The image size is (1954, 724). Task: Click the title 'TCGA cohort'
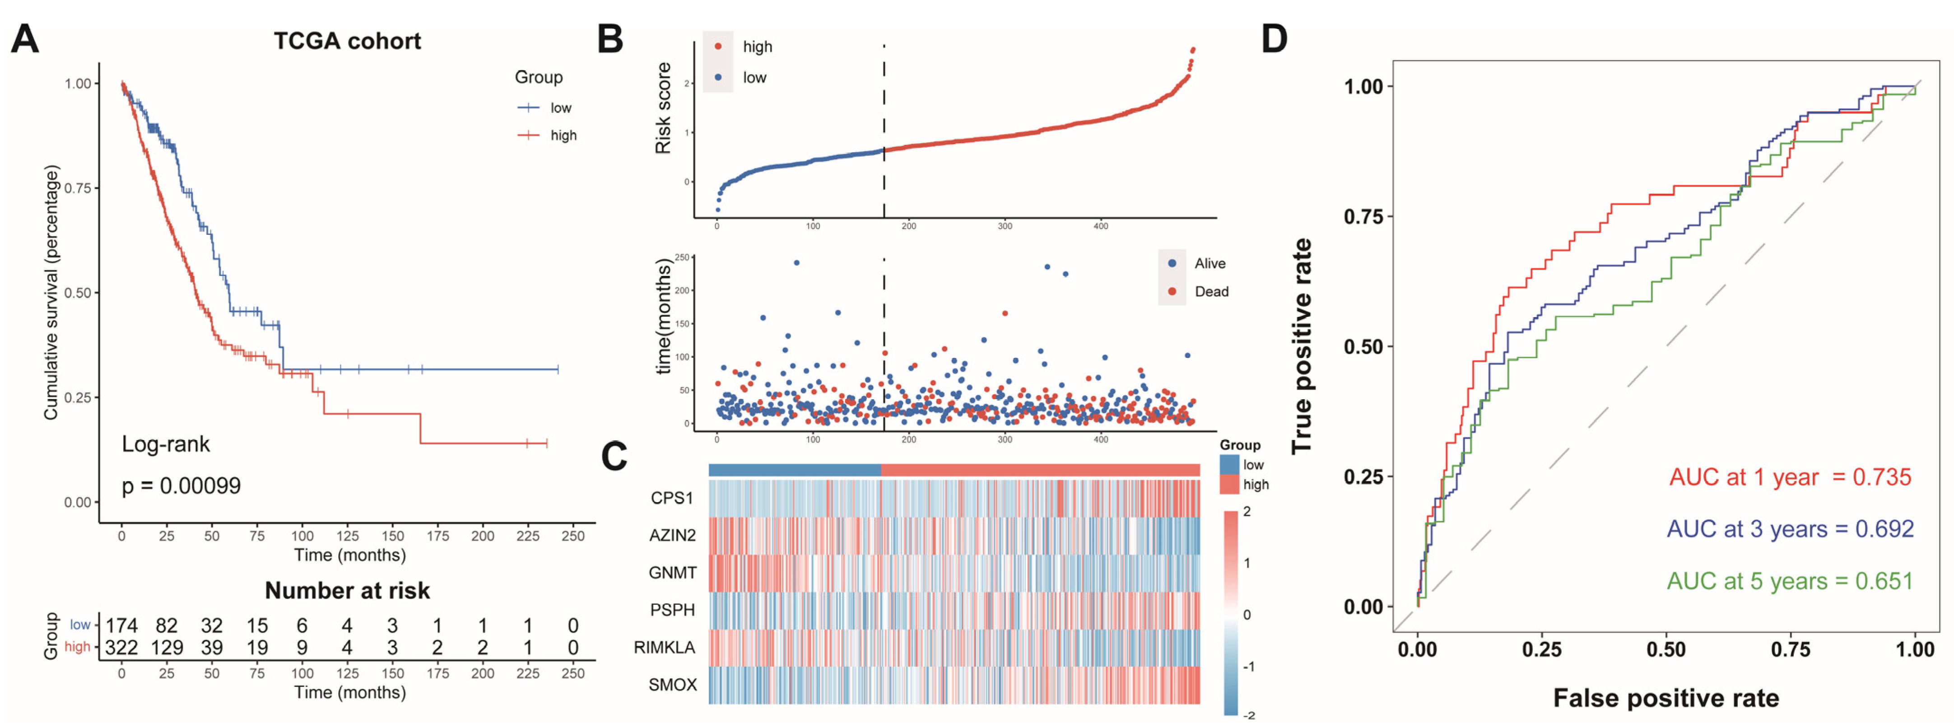(347, 41)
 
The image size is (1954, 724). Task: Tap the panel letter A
(24, 39)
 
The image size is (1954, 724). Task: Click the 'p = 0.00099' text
(181, 486)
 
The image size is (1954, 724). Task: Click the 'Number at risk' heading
(347, 590)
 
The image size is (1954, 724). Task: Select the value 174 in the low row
(121, 626)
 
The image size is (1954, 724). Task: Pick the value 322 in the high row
(121, 647)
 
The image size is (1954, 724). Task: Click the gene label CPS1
(672, 498)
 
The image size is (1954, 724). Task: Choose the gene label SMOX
(672, 685)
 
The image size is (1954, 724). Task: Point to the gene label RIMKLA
(665, 647)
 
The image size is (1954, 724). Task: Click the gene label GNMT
(672, 572)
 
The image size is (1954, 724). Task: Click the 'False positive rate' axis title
(1666, 697)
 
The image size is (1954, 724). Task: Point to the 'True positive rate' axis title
(1302, 346)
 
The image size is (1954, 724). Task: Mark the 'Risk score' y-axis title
(663, 108)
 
